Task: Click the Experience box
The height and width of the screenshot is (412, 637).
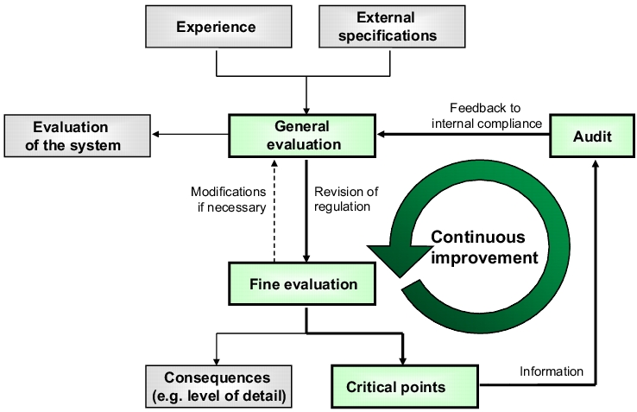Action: [218, 27]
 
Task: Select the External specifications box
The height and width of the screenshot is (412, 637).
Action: [392, 27]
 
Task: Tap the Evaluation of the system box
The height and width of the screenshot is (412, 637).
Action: [77, 136]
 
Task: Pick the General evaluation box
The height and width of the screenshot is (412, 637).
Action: [302, 136]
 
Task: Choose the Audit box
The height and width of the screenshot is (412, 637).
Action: [592, 136]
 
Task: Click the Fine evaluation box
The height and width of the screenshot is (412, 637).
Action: [302, 284]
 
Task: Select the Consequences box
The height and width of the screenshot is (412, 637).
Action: [218, 386]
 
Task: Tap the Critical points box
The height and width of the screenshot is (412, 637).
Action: [405, 386]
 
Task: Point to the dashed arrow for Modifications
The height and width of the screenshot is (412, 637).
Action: [274, 210]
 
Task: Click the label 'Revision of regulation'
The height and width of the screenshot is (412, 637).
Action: [346, 199]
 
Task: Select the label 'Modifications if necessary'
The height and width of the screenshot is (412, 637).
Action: [229, 200]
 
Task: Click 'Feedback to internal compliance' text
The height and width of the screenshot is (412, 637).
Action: [486, 116]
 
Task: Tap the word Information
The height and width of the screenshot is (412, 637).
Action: [552, 371]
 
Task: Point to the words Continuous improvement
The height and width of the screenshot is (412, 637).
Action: [484, 247]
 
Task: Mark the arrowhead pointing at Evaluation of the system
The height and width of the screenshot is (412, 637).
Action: [155, 135]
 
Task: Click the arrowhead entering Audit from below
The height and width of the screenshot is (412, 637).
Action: [596, 163]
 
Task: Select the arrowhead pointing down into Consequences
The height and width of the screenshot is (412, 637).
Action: [217, 362]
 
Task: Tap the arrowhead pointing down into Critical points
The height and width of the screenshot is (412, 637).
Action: [402, 361]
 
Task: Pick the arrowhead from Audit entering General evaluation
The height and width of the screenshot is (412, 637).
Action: [381, 134]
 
